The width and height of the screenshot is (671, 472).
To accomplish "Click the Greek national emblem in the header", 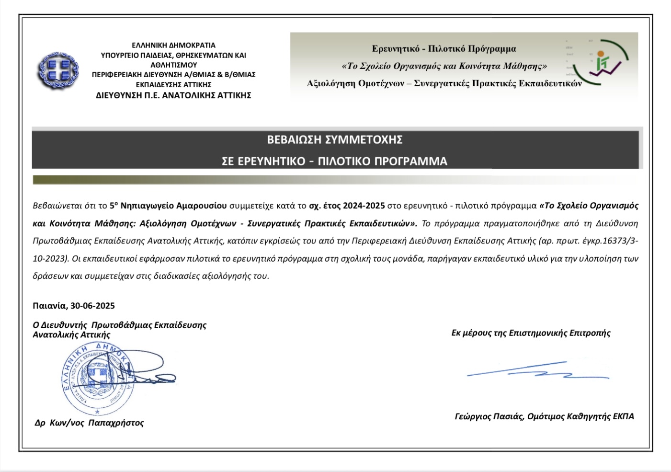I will coord(58,70).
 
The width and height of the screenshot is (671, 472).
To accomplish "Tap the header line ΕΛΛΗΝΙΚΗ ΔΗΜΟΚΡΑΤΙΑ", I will coord(174,46).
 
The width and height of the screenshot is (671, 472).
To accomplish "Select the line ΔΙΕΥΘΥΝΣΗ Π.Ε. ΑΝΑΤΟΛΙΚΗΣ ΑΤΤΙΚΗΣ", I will coord(173,95).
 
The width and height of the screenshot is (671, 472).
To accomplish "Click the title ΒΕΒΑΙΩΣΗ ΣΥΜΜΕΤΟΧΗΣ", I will coord(335,140).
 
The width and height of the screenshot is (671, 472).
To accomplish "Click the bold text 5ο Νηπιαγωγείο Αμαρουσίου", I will coord(168,206).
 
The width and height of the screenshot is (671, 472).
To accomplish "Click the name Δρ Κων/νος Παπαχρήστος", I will coord(89,423).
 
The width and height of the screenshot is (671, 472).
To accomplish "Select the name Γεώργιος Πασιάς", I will coord(489,416).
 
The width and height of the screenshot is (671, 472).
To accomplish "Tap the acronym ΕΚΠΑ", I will coord(624,416).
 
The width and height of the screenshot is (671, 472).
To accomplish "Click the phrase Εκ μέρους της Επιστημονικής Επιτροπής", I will coord(531,333).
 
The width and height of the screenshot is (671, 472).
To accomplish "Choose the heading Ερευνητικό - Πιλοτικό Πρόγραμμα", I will coord(444,49).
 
